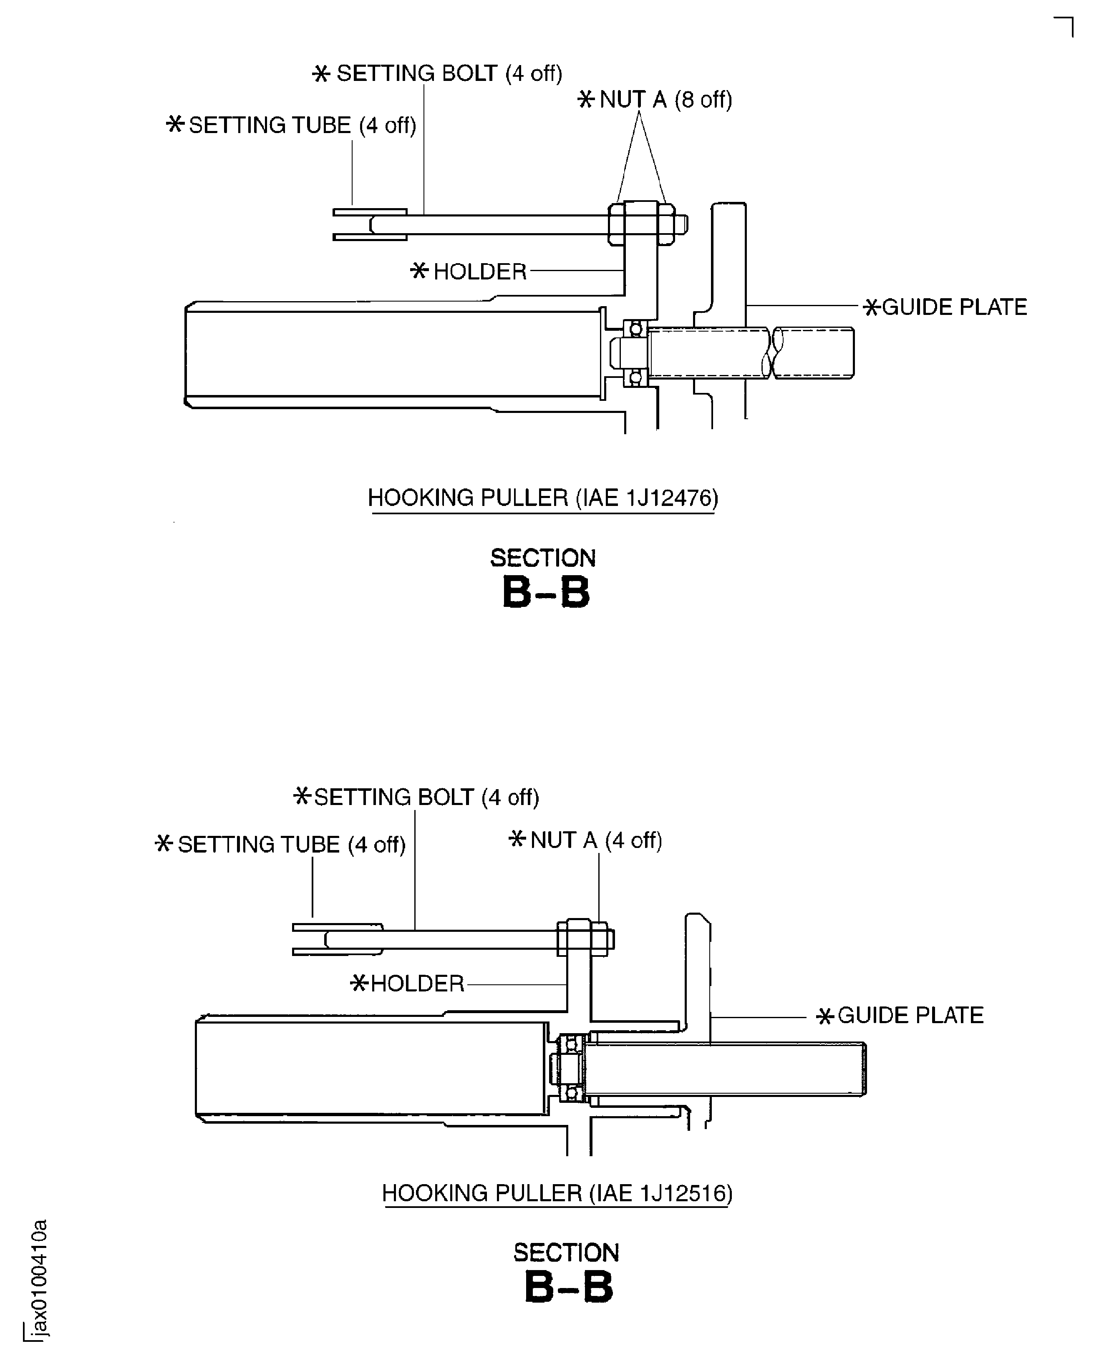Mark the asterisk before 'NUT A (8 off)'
click(585, 100)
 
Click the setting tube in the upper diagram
click(370, 225)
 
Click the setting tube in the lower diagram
click(337, 940)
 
